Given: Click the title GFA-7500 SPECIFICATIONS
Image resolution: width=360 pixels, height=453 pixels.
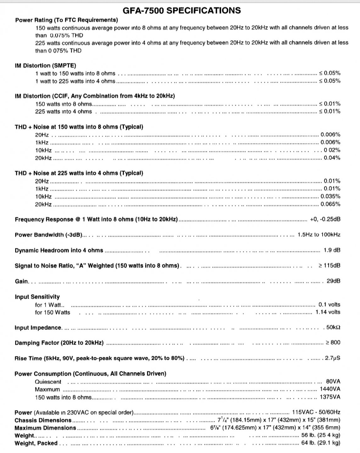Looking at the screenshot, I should click(x=182, y=11).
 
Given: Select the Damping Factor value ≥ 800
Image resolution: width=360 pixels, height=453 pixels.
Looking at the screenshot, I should click(x=333, y=343).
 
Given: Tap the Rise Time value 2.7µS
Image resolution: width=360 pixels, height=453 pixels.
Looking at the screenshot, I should click(x=333, y=358).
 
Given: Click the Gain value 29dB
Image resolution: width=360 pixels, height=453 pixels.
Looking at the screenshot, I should click(x=333, y=281).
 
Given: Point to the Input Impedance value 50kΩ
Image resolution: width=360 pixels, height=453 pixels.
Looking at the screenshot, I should click(x=333, y=327).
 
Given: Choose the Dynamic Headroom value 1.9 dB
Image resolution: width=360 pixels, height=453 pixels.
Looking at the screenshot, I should click(x=332, y=250).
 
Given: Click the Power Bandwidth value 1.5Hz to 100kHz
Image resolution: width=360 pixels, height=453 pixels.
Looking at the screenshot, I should click(x=319, y=235).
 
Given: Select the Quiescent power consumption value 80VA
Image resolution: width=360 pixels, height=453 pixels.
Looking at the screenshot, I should click(x=333, y=382).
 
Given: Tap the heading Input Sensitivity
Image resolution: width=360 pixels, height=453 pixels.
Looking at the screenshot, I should click(x=37, y=297).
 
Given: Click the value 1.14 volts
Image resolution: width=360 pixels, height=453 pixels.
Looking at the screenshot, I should click(x=328, y=312).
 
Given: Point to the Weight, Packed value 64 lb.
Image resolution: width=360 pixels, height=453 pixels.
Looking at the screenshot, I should click(x=321, y=443).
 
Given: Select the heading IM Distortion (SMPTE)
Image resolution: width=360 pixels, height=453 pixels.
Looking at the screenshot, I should click(x=45, y=66).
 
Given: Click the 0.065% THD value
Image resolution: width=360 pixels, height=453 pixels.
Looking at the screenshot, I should click(x=330, y=204).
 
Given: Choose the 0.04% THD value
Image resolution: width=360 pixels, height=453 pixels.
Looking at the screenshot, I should click(x=332, y=158).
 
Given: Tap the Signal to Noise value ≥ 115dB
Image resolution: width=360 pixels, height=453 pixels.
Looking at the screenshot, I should click(x=330, y=266).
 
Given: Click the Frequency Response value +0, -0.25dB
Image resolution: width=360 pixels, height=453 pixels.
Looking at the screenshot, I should click(x=325, y=219).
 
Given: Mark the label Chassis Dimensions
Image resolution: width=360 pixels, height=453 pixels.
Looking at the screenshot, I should click(x=43, y=420).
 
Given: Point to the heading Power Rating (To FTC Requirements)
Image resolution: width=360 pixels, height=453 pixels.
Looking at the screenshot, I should click(x=66, y=20).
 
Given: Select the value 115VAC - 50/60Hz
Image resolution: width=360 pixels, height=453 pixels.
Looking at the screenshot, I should click(x=316, y=412).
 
